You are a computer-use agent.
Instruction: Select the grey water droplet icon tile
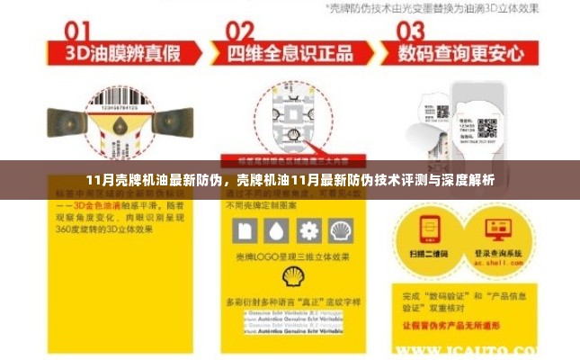click(x=277, y=230)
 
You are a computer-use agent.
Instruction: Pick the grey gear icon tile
click(x=308, y=230)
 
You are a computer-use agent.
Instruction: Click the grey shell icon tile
click(x=339, y=230)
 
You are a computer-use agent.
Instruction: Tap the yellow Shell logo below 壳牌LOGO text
click(x=293, y=275)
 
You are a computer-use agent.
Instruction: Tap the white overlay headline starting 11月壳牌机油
click(x=290, y=180)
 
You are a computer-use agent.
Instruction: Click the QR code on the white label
click(x=486, y=128)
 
